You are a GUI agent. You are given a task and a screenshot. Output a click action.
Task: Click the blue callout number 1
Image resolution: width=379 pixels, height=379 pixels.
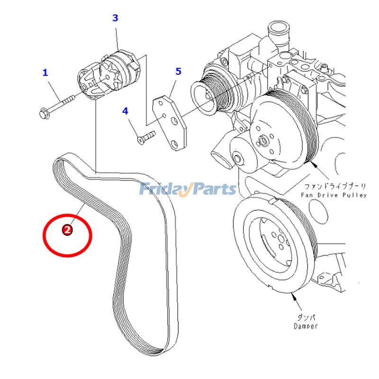45,72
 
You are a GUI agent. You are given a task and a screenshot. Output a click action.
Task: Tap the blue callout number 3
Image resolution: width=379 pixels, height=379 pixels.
115,18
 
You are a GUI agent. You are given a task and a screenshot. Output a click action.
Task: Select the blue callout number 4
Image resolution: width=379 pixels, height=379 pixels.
125,111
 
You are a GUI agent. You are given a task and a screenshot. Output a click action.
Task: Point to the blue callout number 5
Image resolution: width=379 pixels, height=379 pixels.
178,72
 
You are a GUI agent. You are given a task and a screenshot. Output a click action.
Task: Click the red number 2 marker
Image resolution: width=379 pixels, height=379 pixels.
67,230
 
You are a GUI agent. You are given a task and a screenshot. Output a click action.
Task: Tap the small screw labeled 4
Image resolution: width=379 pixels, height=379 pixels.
146,137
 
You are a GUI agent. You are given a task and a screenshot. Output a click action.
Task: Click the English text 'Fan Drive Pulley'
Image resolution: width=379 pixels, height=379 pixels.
334,195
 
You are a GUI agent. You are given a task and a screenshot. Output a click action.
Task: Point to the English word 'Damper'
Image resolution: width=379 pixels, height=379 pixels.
306,326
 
